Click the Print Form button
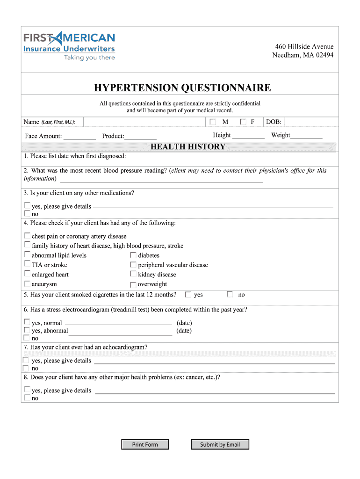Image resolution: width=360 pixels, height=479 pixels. [x=145, y=444]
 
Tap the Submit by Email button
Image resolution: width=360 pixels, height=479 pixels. [x=220, y=444]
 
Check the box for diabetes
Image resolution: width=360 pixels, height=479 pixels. [x=133, y=255]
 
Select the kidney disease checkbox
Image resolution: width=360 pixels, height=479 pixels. [x=133, y=274]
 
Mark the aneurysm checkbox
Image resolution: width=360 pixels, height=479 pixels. [x=27, y=284]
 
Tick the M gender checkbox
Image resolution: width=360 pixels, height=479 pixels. [x=213, y=122]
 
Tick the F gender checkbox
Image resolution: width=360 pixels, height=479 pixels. [x=243, y=122]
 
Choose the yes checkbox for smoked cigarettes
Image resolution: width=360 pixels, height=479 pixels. [x=188, y=295]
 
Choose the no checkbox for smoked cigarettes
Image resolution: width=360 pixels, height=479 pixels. [x=230, y=295]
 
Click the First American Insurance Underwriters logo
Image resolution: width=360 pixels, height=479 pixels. [x=69, y=46]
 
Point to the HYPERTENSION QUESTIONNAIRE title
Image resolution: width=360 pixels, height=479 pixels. [x=182, y=88]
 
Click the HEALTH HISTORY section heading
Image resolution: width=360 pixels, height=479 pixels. [x=188, y=147]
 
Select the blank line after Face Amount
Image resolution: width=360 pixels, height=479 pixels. [x=79, y=136]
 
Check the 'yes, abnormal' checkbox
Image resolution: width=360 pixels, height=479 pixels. [x=27, y=330]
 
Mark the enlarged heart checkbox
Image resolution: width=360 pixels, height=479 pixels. [x=27, y=274]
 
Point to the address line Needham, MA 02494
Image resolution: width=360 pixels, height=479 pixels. [x=303, y=55]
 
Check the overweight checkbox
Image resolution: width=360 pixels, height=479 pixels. [x=133, y=284]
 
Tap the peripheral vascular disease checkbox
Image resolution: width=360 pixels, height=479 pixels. [x=133, y=265]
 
